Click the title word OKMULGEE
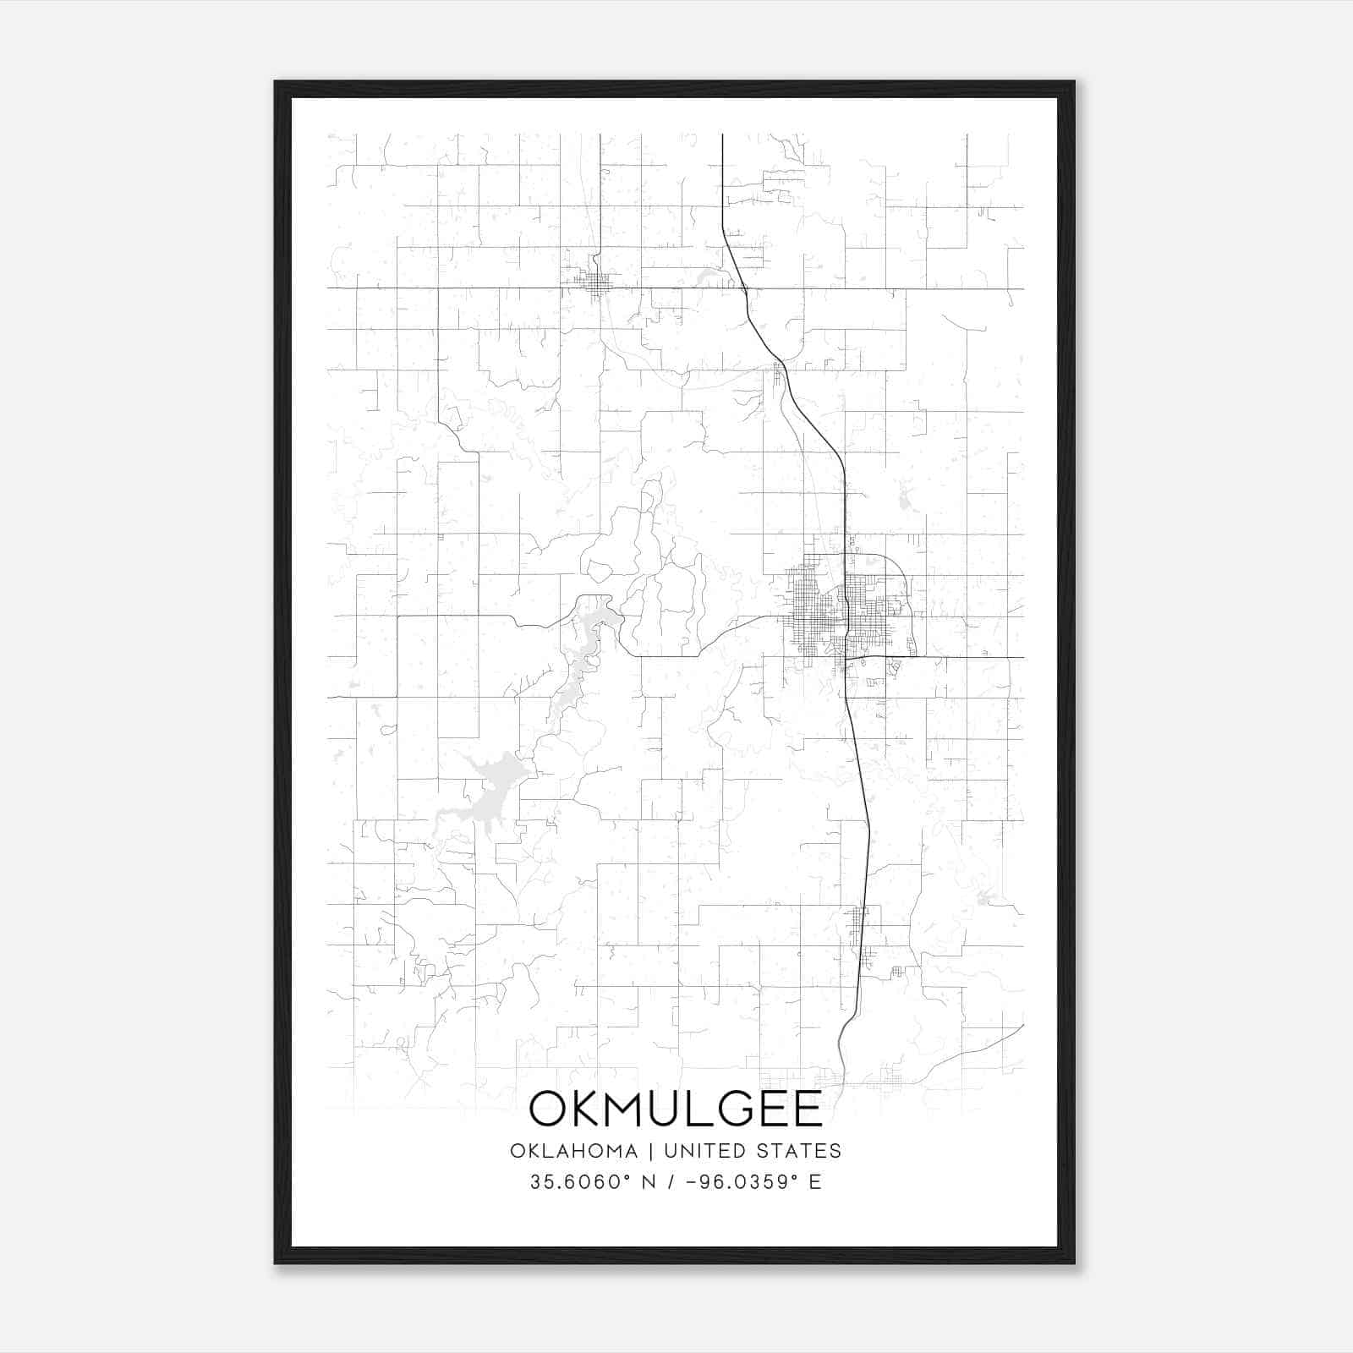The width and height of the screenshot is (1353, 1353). point(676,1109)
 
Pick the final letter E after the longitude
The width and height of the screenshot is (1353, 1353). point(815,1182)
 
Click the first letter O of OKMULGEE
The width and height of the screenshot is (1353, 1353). point(549,1109)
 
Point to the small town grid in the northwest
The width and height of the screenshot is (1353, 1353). point(597,284)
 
